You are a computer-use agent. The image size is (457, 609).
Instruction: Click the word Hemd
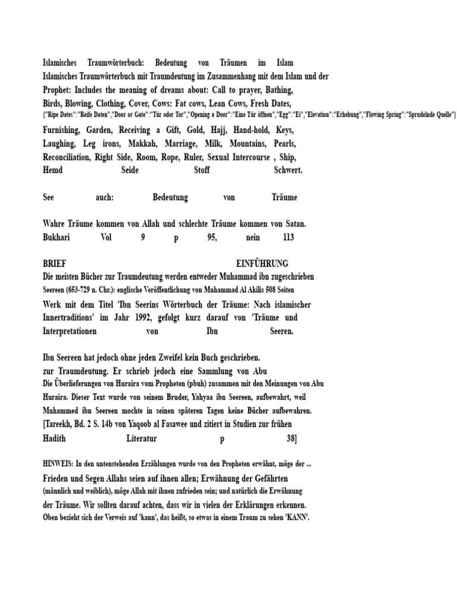(53, 170)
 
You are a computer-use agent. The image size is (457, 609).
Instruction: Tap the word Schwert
(288, 170)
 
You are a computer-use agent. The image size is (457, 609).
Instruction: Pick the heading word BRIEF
(55, 263)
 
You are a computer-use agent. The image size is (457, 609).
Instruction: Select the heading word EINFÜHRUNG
(262, 263)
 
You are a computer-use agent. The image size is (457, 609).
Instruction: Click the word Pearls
(285, 143)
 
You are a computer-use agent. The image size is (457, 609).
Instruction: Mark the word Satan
(293, 224)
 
